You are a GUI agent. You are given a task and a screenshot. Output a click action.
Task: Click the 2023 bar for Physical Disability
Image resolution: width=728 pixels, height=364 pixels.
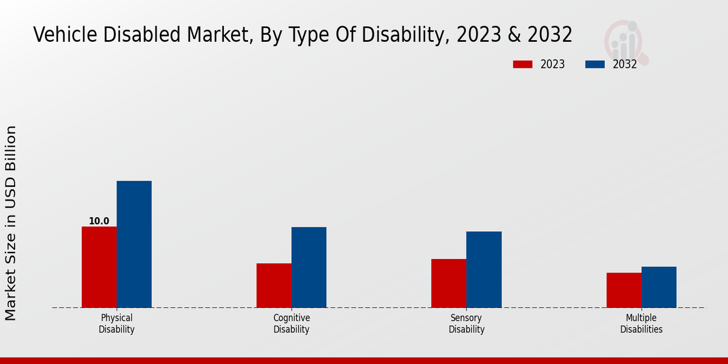point(99,267)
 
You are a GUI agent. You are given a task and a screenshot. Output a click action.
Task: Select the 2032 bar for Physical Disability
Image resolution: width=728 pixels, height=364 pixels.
point(134,244)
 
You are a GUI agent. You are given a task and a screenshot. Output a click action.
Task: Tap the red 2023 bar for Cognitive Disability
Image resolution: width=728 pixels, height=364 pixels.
point(274,285)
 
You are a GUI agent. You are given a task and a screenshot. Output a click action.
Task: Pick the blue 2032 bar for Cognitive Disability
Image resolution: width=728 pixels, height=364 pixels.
point(309,267)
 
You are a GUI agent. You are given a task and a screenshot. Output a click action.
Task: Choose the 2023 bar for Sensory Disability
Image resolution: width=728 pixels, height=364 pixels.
point(449,283)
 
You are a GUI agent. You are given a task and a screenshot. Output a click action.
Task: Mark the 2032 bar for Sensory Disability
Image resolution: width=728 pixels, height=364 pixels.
point(484,269)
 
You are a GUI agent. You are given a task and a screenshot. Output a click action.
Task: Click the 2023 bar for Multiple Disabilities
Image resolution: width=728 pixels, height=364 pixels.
point(624,290)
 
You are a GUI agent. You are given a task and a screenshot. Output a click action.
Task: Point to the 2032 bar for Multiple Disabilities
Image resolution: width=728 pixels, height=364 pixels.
point(659,287)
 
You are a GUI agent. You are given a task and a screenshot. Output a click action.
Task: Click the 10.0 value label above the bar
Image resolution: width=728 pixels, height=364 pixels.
point(99,221)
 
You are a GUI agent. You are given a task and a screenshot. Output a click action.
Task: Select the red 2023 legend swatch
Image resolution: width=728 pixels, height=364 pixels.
point(522,64)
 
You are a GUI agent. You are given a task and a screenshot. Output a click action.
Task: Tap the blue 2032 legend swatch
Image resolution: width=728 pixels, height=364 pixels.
point(595,64)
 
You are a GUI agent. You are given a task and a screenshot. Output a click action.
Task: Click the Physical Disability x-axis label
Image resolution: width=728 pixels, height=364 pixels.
point(116,323)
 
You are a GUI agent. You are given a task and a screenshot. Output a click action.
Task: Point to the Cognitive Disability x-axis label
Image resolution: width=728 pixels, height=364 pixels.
point(291,323)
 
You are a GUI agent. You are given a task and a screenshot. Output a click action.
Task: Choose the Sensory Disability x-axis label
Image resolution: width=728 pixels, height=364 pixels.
point(467,323)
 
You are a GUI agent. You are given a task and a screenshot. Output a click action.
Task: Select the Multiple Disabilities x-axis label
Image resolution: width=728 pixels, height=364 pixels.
point(641,323)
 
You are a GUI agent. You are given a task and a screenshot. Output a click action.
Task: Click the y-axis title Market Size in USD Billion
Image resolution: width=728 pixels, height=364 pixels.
point(11,223)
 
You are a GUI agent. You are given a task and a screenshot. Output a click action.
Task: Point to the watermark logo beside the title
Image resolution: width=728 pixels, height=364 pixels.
point(625,41)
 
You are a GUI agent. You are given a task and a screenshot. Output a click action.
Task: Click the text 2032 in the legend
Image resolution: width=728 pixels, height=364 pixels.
point(624,64)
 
